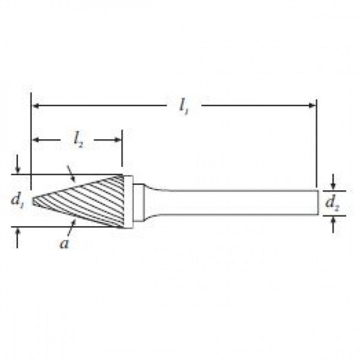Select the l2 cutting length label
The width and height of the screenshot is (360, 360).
point(79,140)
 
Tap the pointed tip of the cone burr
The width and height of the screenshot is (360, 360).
point(33,201)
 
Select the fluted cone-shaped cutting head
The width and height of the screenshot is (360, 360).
point(90,202)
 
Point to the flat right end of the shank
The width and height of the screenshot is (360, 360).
point(318,202)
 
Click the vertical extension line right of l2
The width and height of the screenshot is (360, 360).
point(122,148)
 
